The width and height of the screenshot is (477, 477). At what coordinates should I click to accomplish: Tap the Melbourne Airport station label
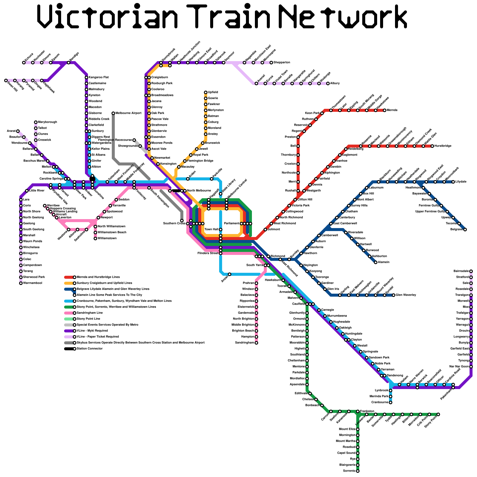point(128,113)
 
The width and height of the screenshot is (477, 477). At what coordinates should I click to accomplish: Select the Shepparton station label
point(282,63)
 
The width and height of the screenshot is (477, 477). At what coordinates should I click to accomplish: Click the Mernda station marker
point(385,110)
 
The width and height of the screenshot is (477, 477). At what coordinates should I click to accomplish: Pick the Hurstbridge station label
point(443,146)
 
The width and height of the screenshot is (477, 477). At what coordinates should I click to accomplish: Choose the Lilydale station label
point(461,182)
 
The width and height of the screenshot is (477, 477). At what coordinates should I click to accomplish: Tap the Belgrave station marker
point(465,230)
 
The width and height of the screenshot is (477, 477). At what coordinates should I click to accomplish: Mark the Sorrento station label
point(349,471)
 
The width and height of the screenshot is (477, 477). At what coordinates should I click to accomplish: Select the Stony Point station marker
point(438,414)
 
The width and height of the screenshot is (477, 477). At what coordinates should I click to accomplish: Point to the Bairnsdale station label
point(461,271)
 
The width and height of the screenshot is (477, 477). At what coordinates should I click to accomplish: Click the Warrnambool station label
point(32,283)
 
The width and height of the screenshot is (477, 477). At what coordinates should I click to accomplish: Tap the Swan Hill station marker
point(6,80)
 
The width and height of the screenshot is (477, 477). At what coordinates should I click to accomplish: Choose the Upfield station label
point(213,92)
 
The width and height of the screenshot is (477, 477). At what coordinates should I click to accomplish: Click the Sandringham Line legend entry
point(90,313)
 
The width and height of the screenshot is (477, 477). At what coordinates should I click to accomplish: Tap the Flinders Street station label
point(208,253)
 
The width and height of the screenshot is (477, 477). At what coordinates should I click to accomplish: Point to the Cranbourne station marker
point(391,402)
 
